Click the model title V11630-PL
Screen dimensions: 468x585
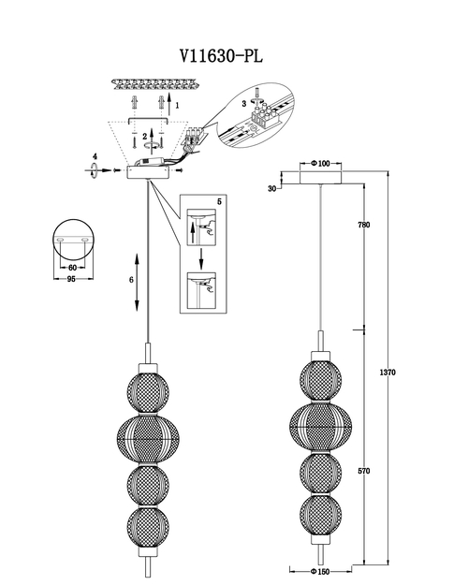[222, 56]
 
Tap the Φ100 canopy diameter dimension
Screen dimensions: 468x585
[321, 164]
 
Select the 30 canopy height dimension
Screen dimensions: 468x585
[272, 189]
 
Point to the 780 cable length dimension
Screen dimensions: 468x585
[363, 225]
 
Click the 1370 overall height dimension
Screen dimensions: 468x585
[388, 372]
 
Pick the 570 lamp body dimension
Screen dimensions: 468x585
[363, 471]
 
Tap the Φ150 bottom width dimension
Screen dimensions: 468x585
[320, 571]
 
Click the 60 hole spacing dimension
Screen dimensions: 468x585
[72, 268]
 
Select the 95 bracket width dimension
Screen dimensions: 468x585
[71, 279]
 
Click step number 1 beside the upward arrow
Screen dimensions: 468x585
[177, 106]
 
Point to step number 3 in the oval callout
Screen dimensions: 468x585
[244, 104]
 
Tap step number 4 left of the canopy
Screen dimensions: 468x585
[95, 156]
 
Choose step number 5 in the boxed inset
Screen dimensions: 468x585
[219, 201]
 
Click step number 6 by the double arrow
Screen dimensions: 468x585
[131, 280]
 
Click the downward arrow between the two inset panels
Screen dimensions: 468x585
[201, 258]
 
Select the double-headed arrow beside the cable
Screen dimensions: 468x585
[137, 282]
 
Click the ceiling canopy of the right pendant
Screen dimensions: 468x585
[321, 178]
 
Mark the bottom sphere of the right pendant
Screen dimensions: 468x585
[321, 516]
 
